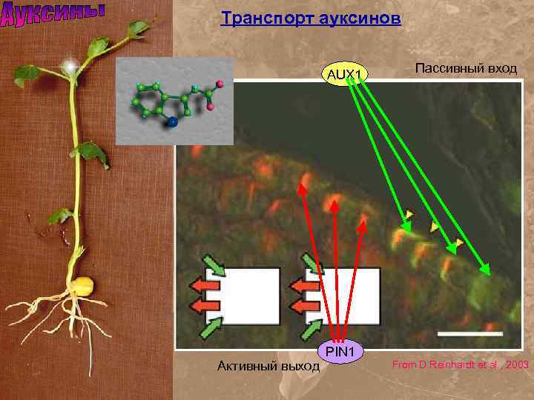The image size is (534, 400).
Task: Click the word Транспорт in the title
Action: tap(257, 18)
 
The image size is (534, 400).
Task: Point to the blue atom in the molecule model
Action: tap(174, 123)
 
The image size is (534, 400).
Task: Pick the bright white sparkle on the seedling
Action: tap(71, 67)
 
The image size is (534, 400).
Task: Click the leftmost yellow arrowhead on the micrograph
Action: tap(409, 216)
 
